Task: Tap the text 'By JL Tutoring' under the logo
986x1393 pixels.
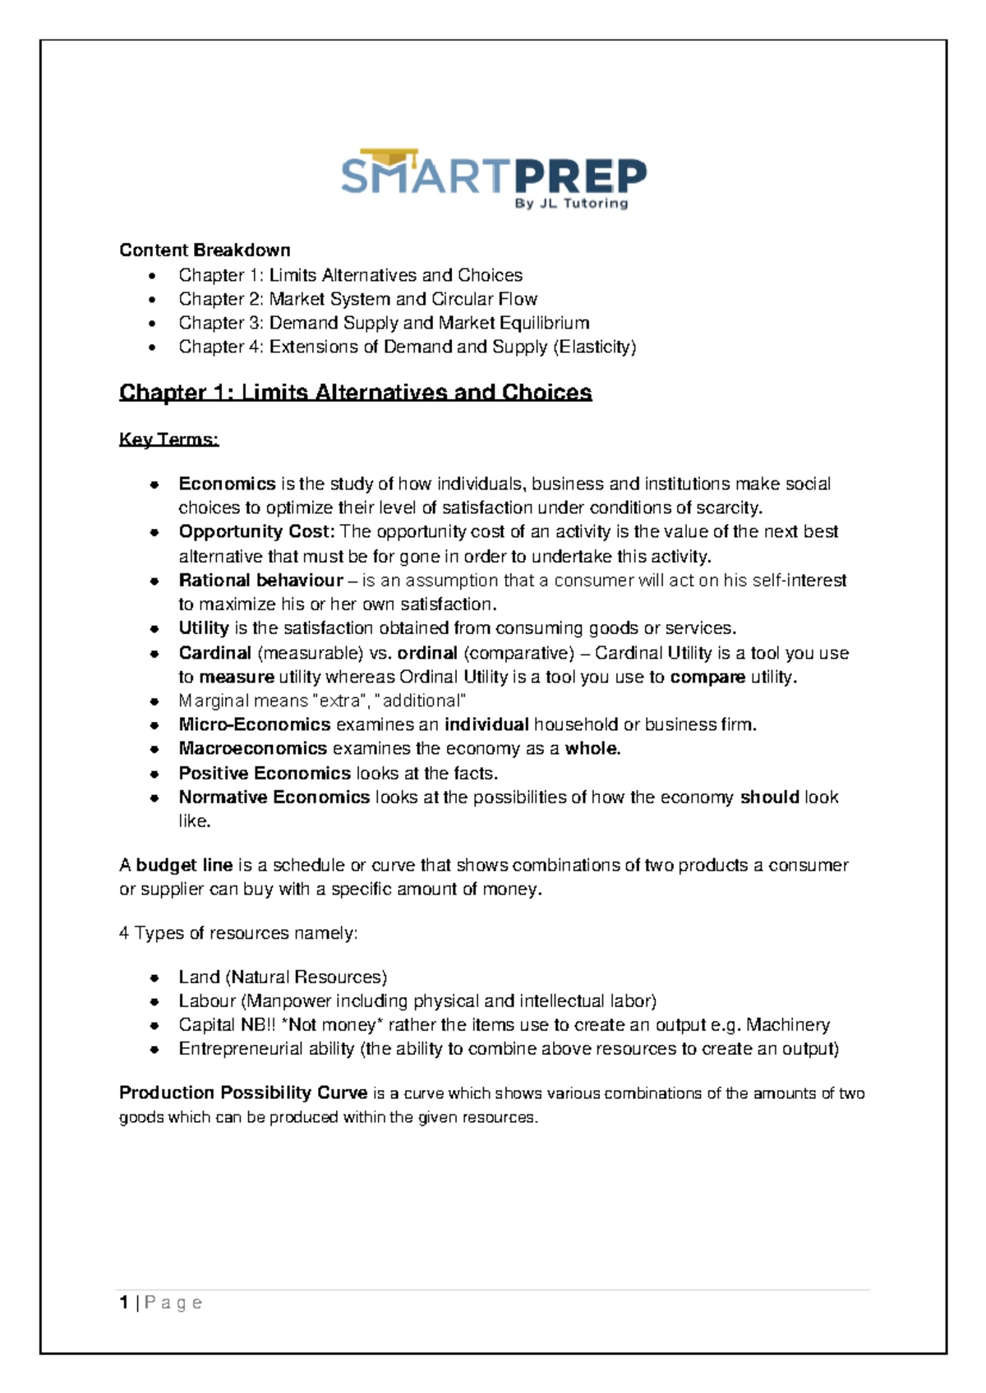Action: pos(571,204)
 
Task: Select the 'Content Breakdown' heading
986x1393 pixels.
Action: pos(205,250)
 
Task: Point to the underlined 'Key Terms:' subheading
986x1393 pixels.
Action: pos(168,439)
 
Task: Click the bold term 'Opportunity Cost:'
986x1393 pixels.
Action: pos(256,531)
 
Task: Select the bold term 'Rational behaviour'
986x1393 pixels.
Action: pos(260,580)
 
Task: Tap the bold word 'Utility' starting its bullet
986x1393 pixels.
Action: pos(203,628)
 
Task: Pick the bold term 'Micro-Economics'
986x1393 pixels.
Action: pos(254,724)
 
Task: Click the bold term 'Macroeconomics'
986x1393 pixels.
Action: pos(252,748)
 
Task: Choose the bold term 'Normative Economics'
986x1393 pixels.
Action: pos(274,797)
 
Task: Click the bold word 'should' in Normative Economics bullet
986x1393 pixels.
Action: pos(769,797)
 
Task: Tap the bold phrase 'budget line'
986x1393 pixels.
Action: pos(184,865)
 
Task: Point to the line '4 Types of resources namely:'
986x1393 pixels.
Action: pos(238,933)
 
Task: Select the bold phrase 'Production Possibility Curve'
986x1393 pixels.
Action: pos(243,1093)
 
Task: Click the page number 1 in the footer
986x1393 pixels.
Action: pos(123,1303)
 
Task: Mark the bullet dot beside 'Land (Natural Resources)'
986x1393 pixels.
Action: pos(154,978)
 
